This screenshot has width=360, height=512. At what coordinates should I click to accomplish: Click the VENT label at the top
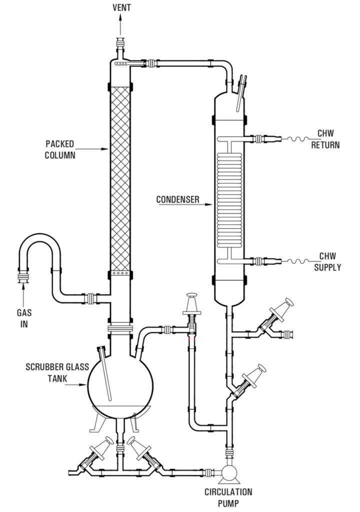click(121, 7)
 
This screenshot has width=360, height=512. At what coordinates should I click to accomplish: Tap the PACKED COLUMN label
click(60, 149)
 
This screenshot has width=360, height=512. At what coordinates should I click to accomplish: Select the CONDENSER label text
click(177, 199)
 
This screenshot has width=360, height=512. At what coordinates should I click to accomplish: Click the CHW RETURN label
click(325, 139)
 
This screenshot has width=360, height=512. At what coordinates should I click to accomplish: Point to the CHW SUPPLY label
click(327, 261)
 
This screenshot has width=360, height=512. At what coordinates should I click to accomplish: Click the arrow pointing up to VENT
click(120, 25)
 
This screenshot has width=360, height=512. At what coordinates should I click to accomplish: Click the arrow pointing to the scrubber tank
click(76, 385)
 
